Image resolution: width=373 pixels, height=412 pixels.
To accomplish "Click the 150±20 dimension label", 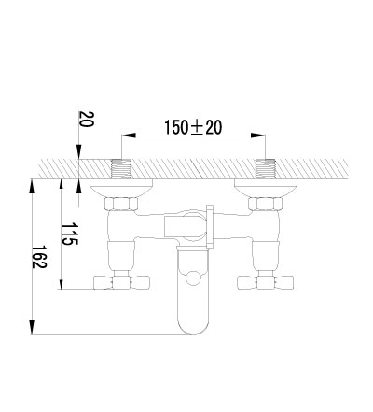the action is click(193, 127).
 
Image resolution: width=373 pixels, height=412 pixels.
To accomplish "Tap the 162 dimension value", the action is click(39, 257).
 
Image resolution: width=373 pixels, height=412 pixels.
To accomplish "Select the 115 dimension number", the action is click(70, 234).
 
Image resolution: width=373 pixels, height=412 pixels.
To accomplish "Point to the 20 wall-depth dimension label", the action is click(86, 119).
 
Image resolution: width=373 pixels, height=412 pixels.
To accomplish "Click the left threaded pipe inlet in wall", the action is click(121, 169).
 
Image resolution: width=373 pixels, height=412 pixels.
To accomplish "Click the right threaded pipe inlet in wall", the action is click(266, 169).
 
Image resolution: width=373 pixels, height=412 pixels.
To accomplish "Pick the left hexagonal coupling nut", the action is click(120, 204).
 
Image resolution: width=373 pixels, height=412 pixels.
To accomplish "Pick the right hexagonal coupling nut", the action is click(265, 204).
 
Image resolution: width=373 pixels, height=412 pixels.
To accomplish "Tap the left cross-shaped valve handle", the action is click(121, 282).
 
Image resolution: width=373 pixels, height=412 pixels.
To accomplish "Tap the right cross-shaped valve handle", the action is click(266, 282).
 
